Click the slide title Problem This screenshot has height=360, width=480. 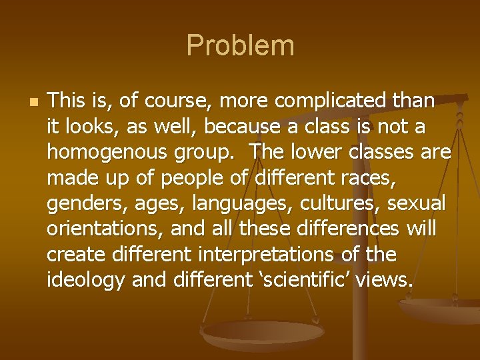240,45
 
